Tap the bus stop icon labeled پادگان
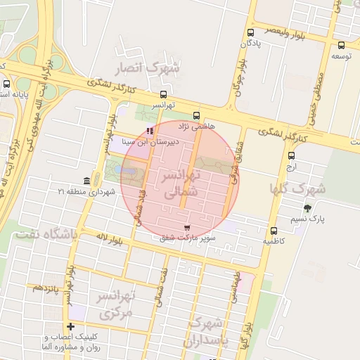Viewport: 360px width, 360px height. [251, 32]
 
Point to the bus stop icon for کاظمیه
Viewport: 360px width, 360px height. [274, 231]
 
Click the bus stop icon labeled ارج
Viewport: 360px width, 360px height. [291, 155]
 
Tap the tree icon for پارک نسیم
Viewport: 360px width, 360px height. [307, 208]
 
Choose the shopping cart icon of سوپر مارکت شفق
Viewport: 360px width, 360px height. [186, 228]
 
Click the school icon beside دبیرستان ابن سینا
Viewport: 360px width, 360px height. [149, 131]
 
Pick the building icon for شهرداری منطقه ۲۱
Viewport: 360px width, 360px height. [86, 181]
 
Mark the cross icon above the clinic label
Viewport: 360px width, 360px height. [70, 326]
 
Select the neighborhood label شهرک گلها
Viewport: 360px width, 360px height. [298, 188]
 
